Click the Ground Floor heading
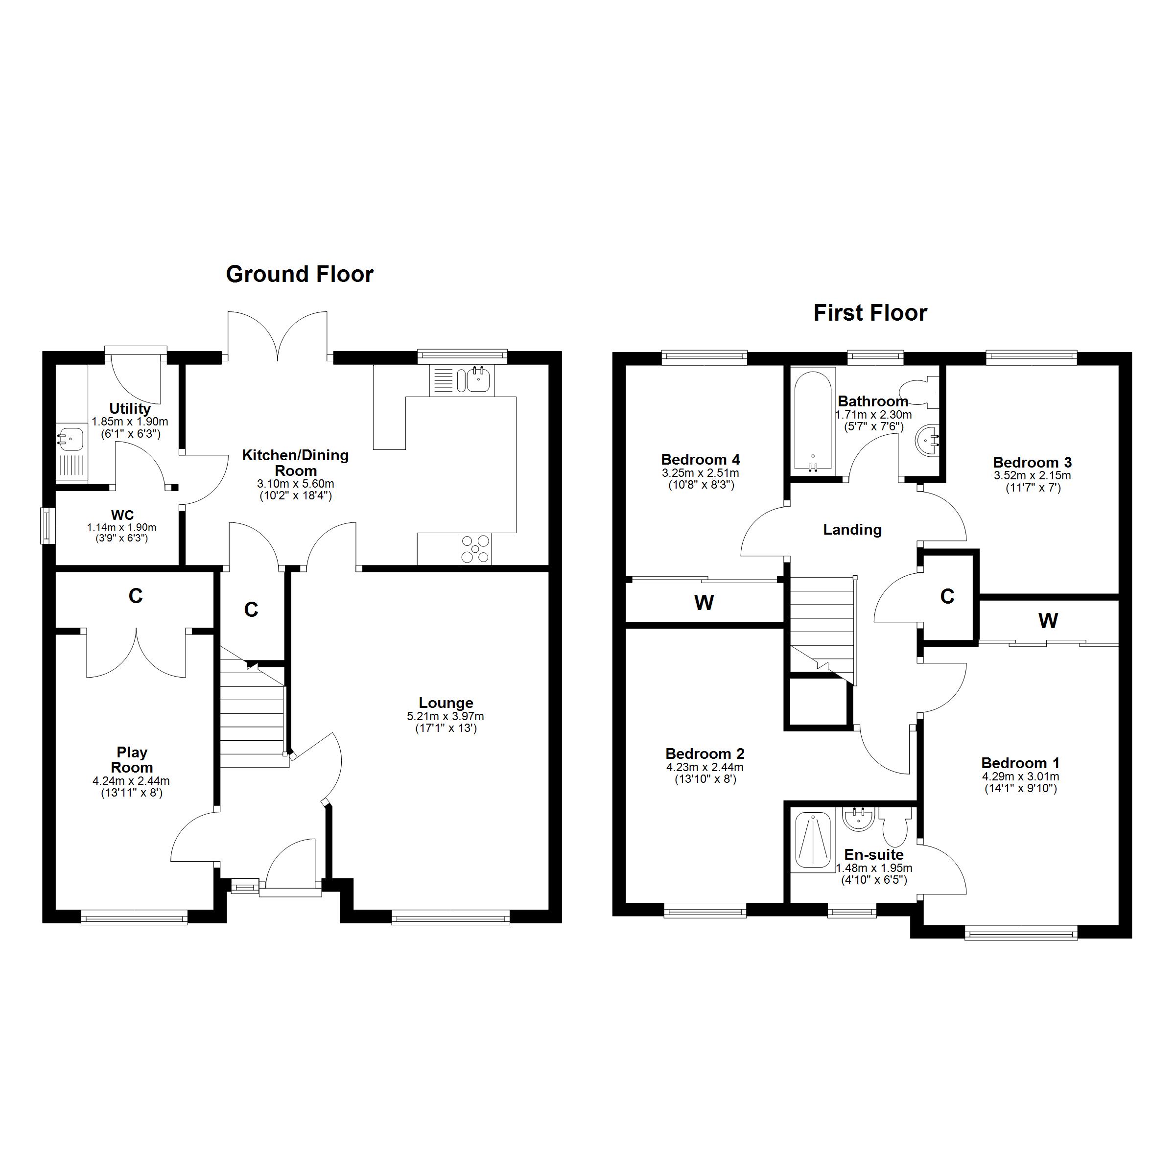299,275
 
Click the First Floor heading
870,313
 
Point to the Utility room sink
72,438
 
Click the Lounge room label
446,703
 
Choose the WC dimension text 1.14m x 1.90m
121,527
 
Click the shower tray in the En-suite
813,841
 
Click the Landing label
852,530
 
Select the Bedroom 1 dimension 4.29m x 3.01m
1020,776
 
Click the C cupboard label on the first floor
947,597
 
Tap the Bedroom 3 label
1032,463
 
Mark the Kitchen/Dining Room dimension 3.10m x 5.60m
296,484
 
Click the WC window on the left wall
46,525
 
